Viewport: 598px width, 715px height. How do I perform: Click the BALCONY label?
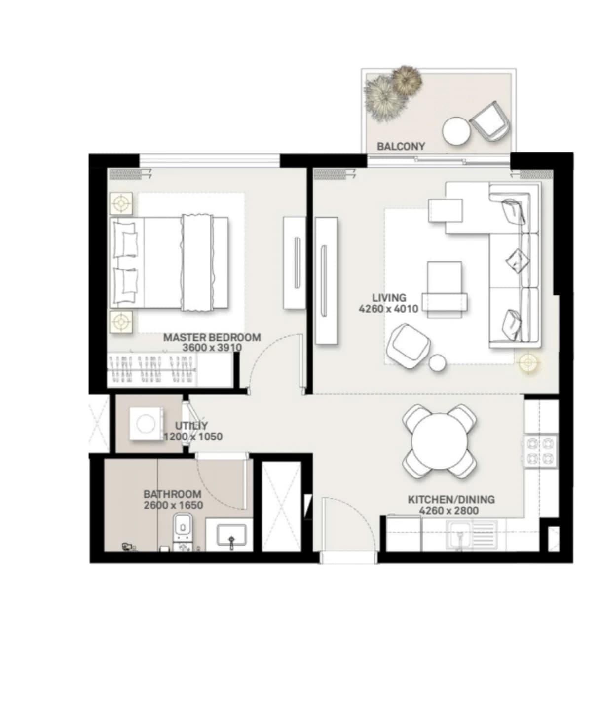point(401,147)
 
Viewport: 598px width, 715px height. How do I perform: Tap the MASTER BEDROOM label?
point(212,337)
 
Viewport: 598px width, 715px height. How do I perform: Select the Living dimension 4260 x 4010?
point(389,309)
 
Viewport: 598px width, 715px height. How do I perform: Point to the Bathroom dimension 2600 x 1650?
point(174,505)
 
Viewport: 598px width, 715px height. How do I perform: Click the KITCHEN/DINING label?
point(451,500)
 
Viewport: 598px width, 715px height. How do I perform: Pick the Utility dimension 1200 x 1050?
point(193,437)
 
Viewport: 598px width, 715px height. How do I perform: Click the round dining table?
point(439,441)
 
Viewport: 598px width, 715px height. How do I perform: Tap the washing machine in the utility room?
point(146,424)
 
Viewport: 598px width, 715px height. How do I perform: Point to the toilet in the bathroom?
point(183,532)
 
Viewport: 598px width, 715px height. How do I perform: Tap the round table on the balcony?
point(456,131)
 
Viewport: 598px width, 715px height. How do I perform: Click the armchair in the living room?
point(408,347)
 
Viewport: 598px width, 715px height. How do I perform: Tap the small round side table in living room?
point(437,362)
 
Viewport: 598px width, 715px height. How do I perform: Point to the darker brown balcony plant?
point(407,80)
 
